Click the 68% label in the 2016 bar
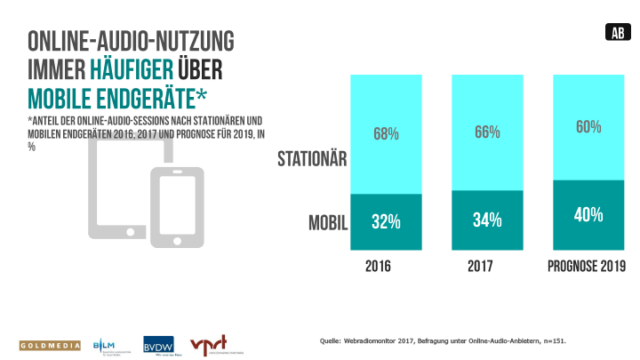click(x=385, y=134)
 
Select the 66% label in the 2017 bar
click(x=486, y=132)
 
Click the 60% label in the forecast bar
click(x=588, y=127)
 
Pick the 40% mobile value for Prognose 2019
click(x=588, y=214)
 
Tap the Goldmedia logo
click(x=46, y=345)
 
